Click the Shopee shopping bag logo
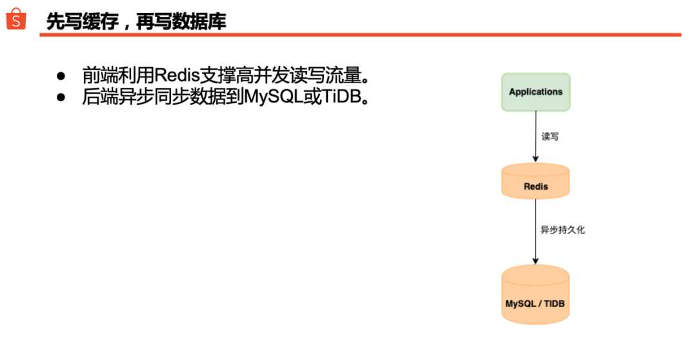coord(16,19)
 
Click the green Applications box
coord(536,92)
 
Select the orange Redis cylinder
coord(536,181)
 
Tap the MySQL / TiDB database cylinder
coord(535,294)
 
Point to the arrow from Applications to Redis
coord(536,136)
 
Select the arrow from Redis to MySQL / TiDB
coord(536,232)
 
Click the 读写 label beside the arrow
coord(550,136)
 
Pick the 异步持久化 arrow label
coord(562,230)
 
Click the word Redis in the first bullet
coord(177,75)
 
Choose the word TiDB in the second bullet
coord(341,96)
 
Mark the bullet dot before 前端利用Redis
coord(61,76)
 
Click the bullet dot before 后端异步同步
coord(61,97)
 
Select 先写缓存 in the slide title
coord(83,21)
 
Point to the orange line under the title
coord(361,35)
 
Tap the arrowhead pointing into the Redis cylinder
coord(536,159)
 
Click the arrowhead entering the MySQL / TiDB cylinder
coord(536,261)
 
